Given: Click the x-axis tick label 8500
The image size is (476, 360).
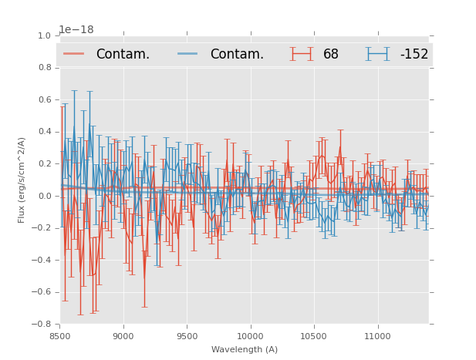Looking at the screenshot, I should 60,335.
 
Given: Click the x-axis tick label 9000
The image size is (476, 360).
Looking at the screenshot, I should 123,335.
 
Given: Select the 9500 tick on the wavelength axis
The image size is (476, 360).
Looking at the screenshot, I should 187,335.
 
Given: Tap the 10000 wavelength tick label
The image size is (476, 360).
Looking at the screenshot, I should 250,335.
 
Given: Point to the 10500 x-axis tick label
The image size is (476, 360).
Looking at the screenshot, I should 313,335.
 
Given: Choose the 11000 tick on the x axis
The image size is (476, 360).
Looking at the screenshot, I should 377,335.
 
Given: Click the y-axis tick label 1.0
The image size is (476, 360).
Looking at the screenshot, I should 44,35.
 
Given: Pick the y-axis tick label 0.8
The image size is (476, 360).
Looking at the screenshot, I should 44,68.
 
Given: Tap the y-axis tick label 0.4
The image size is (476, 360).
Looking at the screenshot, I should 44,132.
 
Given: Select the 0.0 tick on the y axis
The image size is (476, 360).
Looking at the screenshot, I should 44,196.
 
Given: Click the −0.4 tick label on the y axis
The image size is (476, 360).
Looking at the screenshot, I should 42,260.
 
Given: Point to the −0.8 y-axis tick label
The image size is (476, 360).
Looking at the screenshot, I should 42,324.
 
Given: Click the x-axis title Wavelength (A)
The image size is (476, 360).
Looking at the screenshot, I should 245,349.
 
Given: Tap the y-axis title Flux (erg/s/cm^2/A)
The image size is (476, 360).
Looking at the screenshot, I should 22,180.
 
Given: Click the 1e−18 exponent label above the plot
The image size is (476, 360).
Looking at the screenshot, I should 76,29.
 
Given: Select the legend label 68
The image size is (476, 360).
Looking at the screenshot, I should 331,54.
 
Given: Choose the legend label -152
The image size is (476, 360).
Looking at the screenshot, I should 414,54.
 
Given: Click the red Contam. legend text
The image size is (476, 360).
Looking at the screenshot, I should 123,54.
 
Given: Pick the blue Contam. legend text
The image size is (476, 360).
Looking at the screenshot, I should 237,54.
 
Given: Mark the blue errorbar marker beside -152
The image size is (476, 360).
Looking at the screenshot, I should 378,54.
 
